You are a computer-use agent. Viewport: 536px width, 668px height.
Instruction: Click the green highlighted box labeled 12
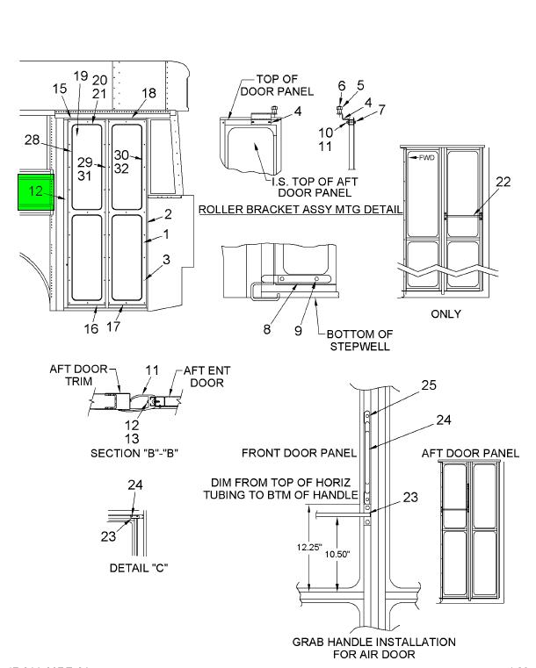click(x=35, y=191)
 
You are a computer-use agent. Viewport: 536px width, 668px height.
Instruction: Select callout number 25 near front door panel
click(x=428, y=385)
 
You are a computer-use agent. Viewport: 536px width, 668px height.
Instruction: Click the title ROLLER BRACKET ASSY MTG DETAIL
click(x=301, y=211)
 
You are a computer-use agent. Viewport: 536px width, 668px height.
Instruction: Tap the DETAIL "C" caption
click(x=137, y=567)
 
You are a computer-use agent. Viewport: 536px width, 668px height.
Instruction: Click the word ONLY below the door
click(x=451, y=313)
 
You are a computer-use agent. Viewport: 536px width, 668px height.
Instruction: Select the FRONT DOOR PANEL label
click(x=300, y=453)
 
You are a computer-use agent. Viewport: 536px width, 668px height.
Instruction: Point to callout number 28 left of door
click(x=33, y=140)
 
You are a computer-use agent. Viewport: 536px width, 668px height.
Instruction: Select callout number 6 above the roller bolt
click(x=342, y=85)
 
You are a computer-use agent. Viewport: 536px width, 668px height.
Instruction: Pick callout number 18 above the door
click(x=148, y=93)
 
